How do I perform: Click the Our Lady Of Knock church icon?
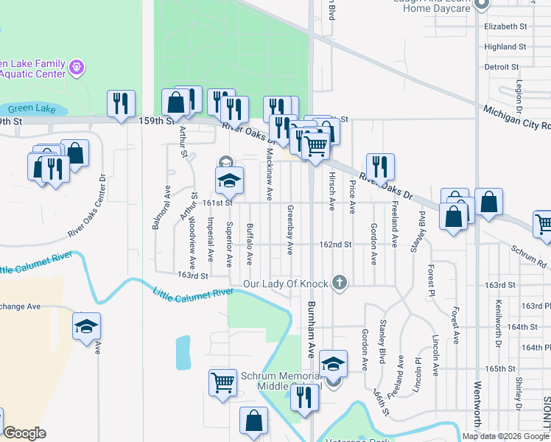[339, 282]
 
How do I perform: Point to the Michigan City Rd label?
[516, 118]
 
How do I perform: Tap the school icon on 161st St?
[229, 180]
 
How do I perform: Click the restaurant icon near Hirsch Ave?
[380, 166]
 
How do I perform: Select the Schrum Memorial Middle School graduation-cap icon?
[333, 362]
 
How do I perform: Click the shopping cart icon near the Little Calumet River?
[222, 382]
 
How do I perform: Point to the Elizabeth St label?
[506, 26]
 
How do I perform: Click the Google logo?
[24, 433]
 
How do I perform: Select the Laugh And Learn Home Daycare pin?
[482, 5]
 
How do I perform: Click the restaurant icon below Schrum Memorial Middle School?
[303, 397]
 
